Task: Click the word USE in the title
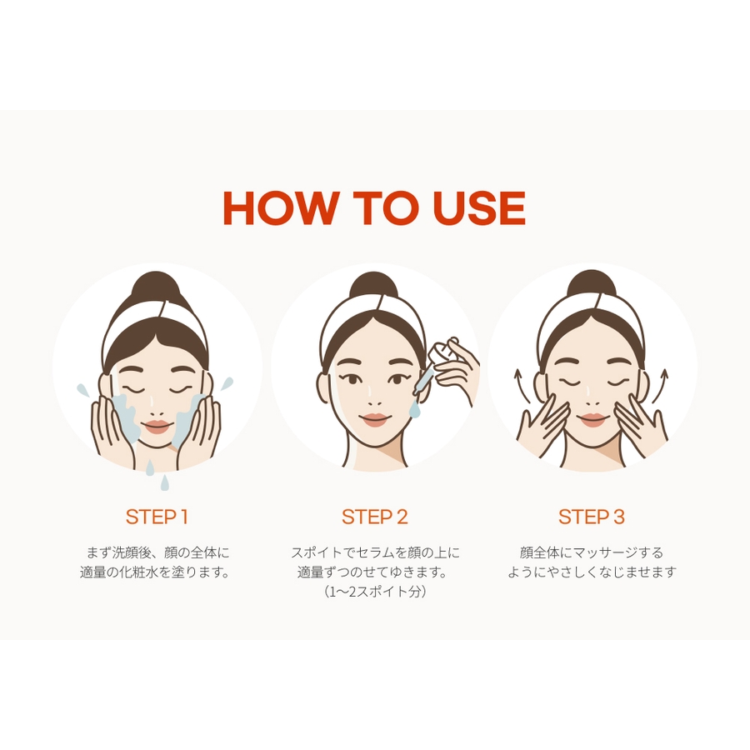478,208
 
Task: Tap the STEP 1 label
157,517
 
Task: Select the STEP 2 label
374,517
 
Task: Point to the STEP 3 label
592,517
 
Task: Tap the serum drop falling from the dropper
414,408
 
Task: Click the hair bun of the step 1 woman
156,287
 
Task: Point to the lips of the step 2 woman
374,420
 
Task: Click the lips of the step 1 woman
157,427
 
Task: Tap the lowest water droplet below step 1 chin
164,482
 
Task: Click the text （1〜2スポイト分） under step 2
374,592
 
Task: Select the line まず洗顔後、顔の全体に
157,553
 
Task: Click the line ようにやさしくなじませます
592,572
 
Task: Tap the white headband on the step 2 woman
374,312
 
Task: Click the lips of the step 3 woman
592,419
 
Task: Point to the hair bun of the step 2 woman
373,287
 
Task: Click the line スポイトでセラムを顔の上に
375,553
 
